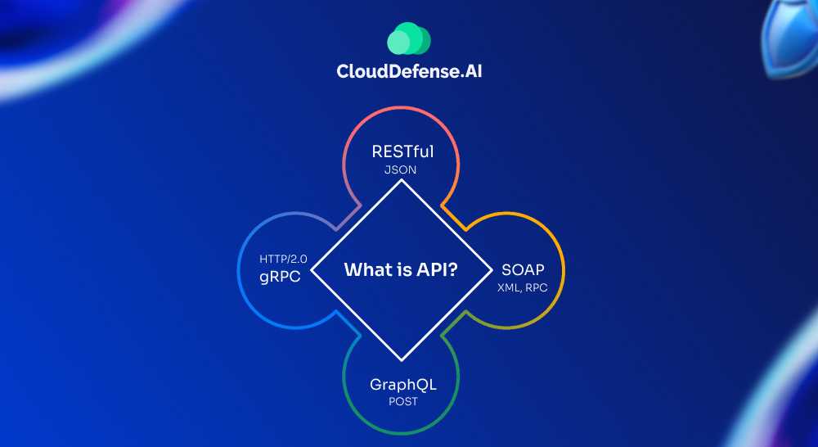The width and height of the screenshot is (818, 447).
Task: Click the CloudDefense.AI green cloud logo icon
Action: (x=409, y=39)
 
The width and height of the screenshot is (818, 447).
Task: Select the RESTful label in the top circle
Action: (x=401, y=151)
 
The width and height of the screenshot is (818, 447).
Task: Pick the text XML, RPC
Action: (x=523, y=287)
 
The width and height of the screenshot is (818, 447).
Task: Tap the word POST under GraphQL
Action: (x=402, y=401)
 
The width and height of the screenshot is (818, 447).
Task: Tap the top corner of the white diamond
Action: (x=401, y=180)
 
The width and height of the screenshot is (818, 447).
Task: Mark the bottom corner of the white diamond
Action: (x=401, y=360)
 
